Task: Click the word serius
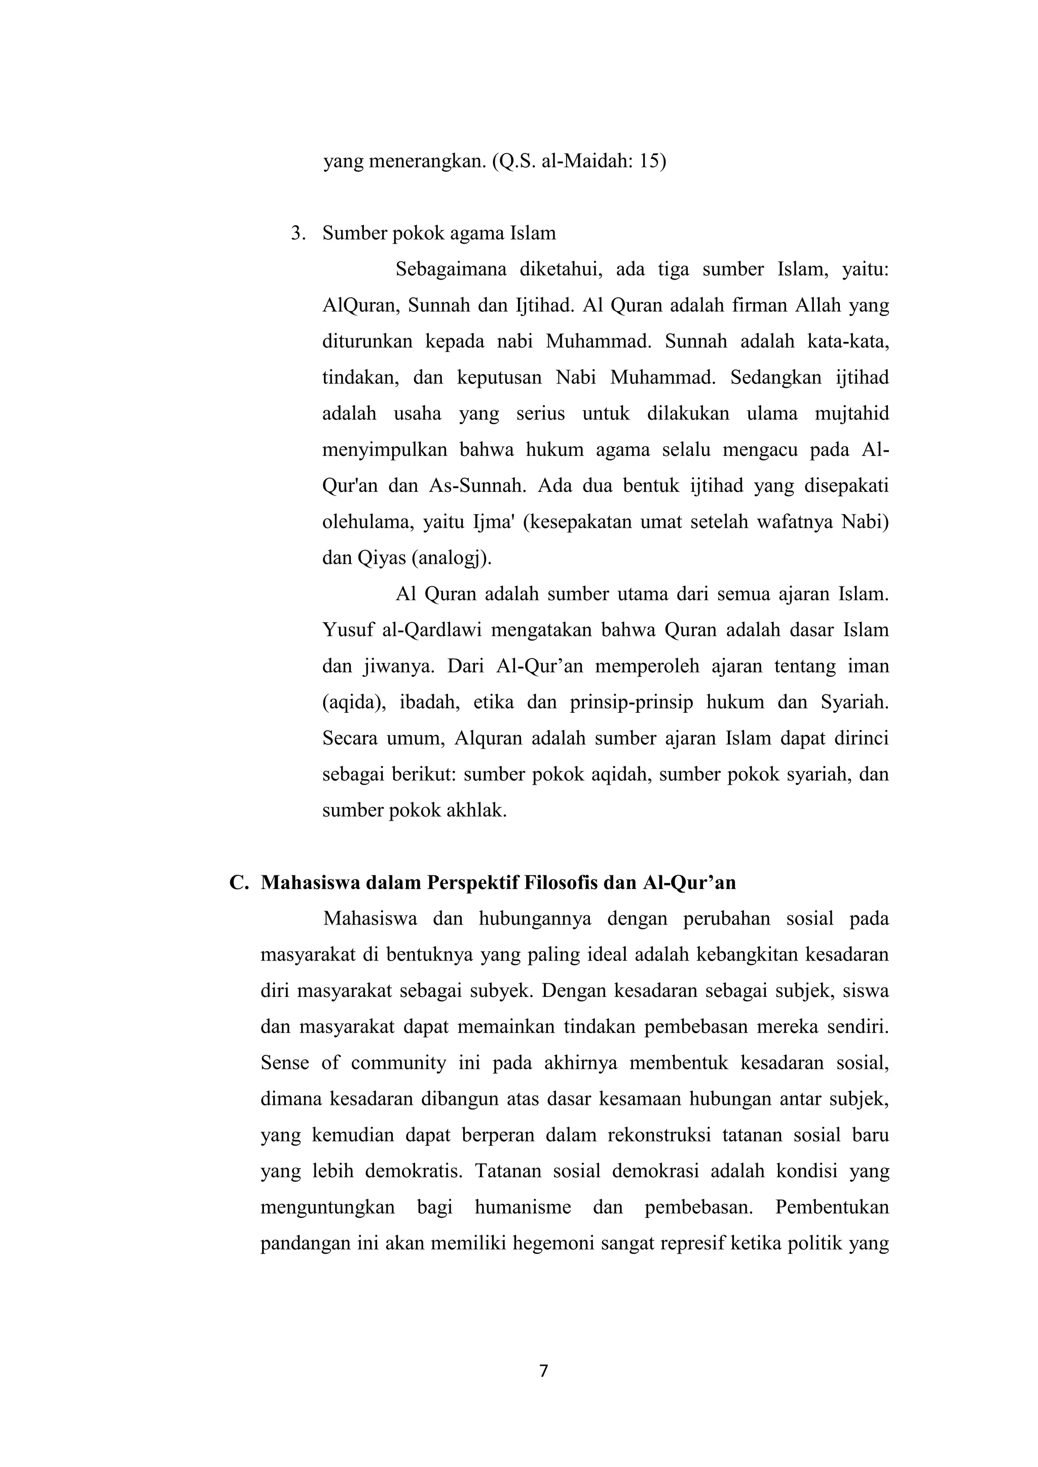point(540,413)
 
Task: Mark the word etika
point(494,702)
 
